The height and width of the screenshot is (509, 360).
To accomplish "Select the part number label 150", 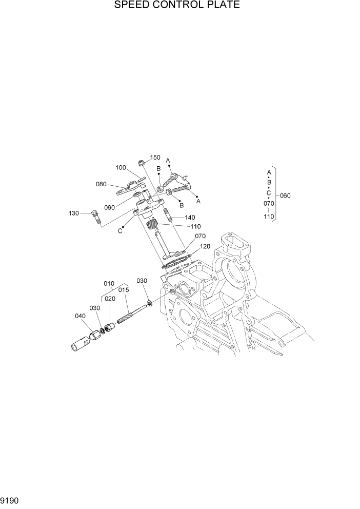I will pyautogui.click(x=155, y=158).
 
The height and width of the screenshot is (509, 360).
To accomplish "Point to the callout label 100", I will pyautogui.click(x=121, y=167).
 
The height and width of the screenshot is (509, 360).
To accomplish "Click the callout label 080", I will pyautogui.click(x=101, y=184).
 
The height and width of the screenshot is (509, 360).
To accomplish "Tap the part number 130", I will pyautogui.click(x=73, y=213).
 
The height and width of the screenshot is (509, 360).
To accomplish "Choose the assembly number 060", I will pyautogui.click(x=285, y=196).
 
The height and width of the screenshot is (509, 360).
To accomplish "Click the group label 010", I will pyautogui.click(x=109, y=283).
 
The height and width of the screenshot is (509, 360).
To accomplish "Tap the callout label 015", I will pyautogui.click(x=123, y=290).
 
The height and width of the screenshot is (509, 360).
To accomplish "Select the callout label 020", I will pyautogui.click(x=110, y=299).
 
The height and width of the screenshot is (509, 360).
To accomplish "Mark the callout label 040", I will pyautogui.click(x=80, y=316).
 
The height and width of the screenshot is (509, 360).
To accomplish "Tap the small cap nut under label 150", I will pyautogui.click(x=141, y=164).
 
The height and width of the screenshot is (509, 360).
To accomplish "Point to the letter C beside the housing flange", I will pyautogui.click(x=120, y=231).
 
